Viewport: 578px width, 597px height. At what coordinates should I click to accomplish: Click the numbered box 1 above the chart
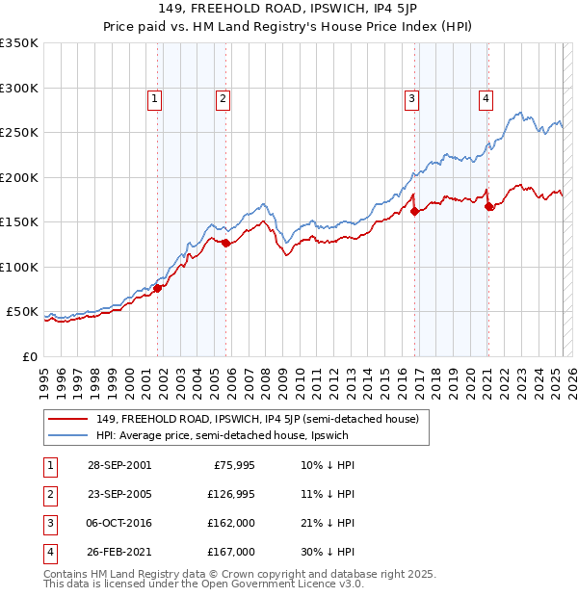tap(154, 96)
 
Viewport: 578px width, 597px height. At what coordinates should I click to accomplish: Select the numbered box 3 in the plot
tap(411, 96)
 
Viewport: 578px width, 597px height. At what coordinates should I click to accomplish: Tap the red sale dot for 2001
tap(157, 288)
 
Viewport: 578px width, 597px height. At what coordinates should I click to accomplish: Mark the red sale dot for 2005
tap(226, 244)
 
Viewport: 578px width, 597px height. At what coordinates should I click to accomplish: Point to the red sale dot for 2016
tap(414, 212)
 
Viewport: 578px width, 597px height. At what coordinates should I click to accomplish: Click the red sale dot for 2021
tap(489, 206)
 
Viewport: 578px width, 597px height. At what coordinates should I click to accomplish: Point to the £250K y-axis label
tap(19, 133)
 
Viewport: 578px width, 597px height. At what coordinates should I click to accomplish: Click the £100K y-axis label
tap(19, 267)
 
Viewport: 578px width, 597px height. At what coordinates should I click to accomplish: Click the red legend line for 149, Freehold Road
tap(69, 419)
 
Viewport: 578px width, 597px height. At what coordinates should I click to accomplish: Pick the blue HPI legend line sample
tap(69, 435)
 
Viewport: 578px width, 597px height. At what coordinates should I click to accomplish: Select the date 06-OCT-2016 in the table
tap(119, 525)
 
